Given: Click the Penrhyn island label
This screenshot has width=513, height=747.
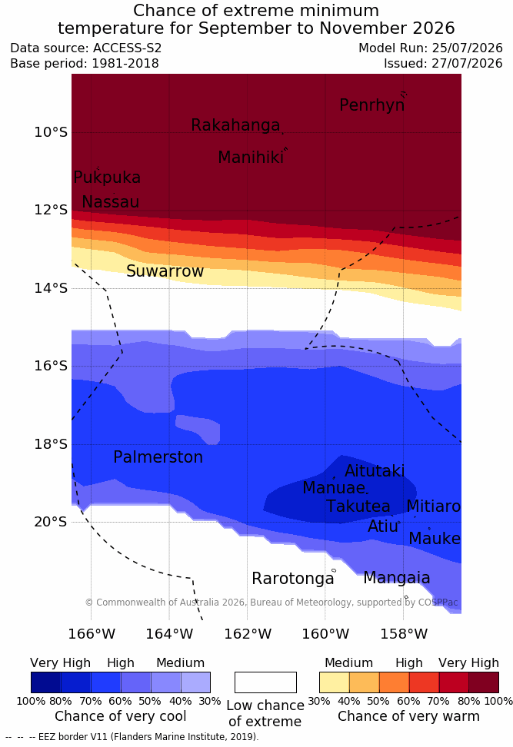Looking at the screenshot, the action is [372, 105].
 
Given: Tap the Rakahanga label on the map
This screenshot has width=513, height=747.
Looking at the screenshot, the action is [235, 124].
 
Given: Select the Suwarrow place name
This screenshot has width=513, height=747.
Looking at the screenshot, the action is [165, 271].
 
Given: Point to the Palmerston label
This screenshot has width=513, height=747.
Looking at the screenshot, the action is [158, 456].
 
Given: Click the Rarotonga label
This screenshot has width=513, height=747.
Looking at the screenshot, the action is [293, 579].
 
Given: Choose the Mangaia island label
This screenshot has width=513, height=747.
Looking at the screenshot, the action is [397, 578].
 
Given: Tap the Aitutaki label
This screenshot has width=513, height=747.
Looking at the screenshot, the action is [375, 470].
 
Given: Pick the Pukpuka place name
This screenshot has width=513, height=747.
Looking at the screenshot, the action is [107, 178].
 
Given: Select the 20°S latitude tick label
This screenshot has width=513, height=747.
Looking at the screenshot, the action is [51, 522].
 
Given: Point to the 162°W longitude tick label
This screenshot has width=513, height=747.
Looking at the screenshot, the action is [248, 634].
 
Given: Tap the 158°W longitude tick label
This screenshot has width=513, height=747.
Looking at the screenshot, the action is [404, 634].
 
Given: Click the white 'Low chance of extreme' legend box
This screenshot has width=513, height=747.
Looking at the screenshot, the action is [265, 682].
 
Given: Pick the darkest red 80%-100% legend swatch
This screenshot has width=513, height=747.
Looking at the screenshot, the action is [484, 682].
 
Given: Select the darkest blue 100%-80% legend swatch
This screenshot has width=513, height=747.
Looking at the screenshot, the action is [46, 682].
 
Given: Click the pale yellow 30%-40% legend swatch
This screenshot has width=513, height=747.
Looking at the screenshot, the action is [335, 682].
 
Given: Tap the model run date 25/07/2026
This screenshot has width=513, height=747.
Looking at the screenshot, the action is [467, 48].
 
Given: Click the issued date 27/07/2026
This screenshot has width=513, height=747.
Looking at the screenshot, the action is [467, 63].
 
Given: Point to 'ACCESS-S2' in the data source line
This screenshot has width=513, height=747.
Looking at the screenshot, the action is [128, 48].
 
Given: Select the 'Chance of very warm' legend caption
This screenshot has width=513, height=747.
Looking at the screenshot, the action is [408, 716].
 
